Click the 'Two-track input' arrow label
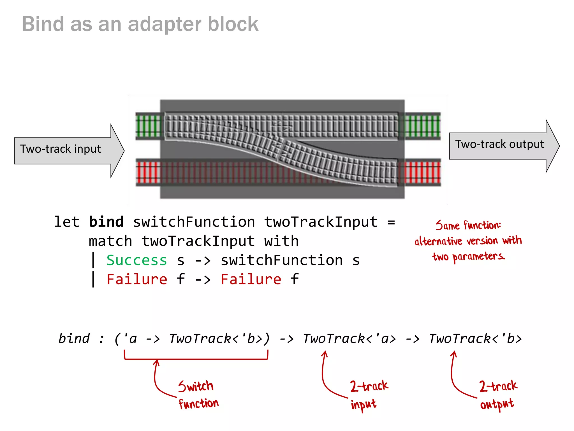click(61, 149)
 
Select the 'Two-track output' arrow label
click(499, 144)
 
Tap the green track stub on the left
click(148, 126)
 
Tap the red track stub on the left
click(148, 172)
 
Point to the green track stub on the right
click(422, 126)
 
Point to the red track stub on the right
click(422, 172)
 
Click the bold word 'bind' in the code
click(106, 222)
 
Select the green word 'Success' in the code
click(137, 260)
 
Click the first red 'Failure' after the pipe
click(137, 279)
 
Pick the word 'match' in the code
click(110, 241)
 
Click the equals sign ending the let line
click(391, 222)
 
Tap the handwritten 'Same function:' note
click(468, 225)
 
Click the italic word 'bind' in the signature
click(74, 338)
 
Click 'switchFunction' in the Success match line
click(282, 260)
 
